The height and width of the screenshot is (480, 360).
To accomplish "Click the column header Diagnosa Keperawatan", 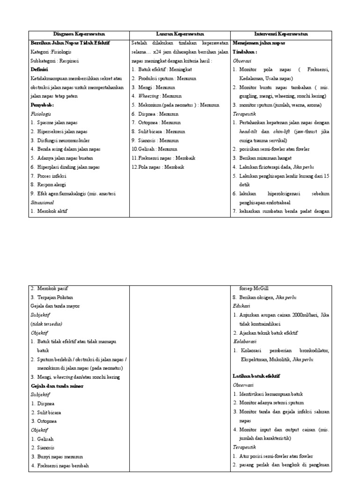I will pyautogui.click(x=79, y=34).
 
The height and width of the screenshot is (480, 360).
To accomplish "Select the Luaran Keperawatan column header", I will pyautogui.click(x=180, y=34).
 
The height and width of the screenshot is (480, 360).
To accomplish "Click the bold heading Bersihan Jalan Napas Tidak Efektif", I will pyautogui.click(x=70, y=43).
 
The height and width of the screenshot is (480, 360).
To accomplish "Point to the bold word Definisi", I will pyautogui.click(x=39, y=69).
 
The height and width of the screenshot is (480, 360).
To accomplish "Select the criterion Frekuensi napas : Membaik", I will pyautogui.click(x=162, y=158).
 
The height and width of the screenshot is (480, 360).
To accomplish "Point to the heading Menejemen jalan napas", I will pyautogui.click(x=259, y=43).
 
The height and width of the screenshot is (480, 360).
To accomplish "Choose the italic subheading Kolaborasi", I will pyautogui.click(x=245, y=341).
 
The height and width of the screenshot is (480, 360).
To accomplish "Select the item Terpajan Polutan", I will pyautogui.click(x=55, y=297).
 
